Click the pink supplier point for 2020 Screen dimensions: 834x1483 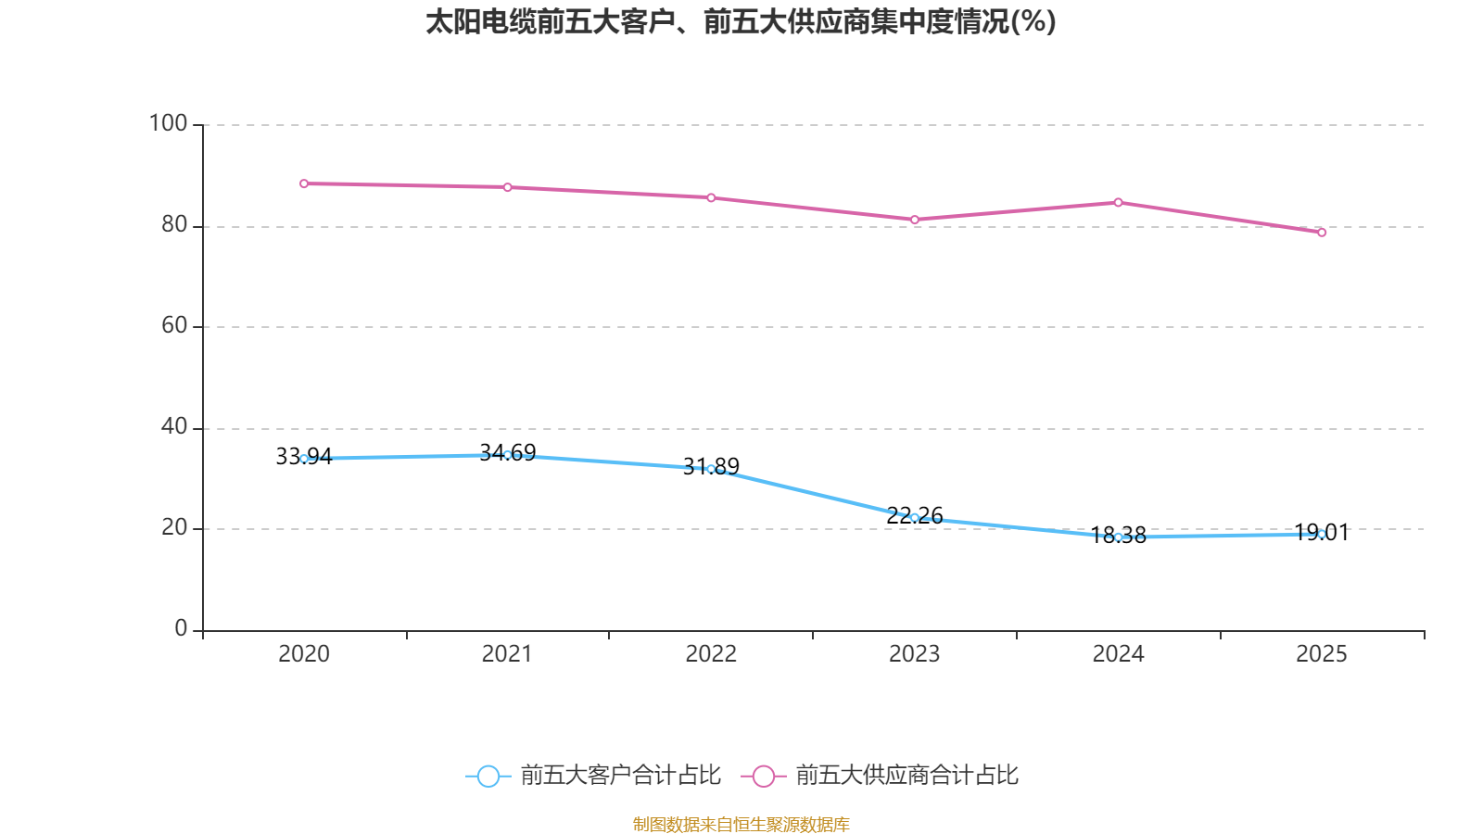pyautogui.click(x=304, y=183)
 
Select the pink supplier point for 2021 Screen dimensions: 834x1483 pyautogui.click(x=507, y=187)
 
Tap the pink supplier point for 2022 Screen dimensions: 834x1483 pyautogui.click(x=711, y=197)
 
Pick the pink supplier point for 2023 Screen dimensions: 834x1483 pyautogui.click(x=915, y=220)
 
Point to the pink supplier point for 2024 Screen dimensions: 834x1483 pyautogui.click(x=1118, y=202)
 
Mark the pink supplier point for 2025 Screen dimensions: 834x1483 pyautogui.click(x=1322, y=233)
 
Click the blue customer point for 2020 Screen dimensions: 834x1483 pyautogui.click(x=304, y=459)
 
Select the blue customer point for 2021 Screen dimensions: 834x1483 pyautogui.click(x=507, y=455)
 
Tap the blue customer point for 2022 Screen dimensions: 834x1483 pyautogui.click(x=711, y=469)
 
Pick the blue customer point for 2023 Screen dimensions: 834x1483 pyautogui.click(x=915, y=518)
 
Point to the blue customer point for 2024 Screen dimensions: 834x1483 pyautogui.click(x=1118, y=537)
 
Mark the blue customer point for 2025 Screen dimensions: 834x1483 pyautogui.click(x=1322, y=534)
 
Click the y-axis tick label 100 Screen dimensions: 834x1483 pyautogui.click(x=168, y=123)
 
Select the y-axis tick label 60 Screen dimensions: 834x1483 pyautogui.click(x=174, y=325)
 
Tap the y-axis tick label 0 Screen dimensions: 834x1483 pyautogui.click(x=181, y=628)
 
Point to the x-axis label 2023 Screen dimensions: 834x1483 pyautogui.click(x=914, y=654)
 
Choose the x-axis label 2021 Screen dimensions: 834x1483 pyautogui.click(x=507, y=654)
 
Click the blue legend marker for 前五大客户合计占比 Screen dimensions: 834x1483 pyautogui.click(x=488, y=776)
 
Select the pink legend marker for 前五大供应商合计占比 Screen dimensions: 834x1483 pyautogui.click(x=763, y=776)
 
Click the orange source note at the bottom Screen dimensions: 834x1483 pyautogui.click(x=741, y=824)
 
